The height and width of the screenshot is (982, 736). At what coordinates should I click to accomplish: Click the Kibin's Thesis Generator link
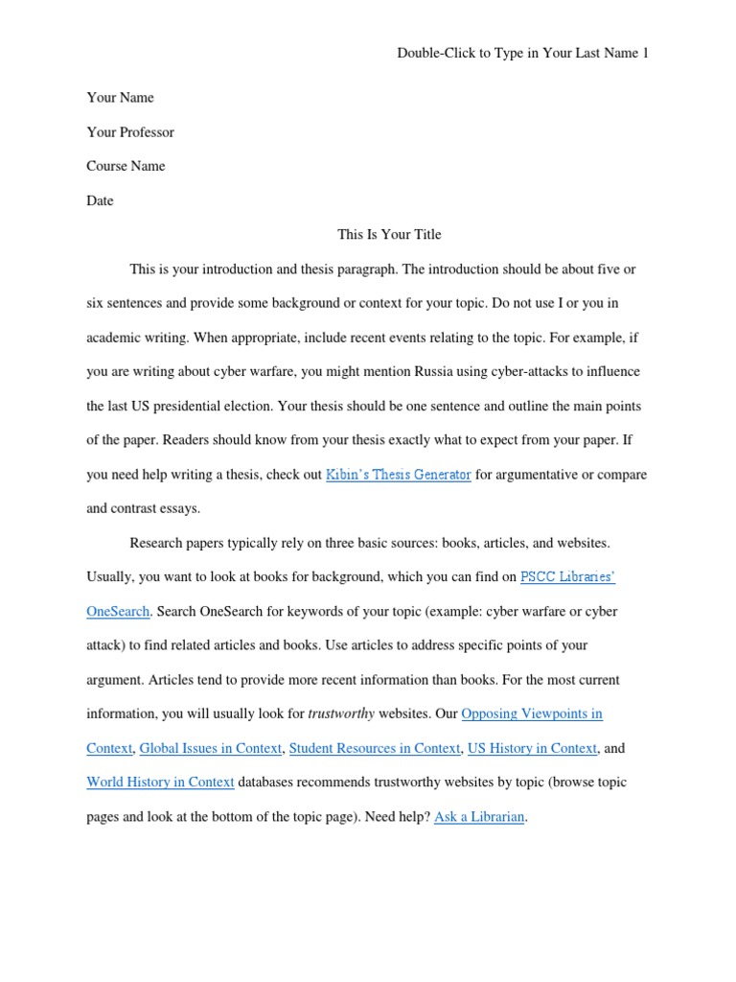point(398,475)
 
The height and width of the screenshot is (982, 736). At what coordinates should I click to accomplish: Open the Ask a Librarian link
point(479,817)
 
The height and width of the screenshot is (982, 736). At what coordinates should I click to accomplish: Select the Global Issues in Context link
point(211,748)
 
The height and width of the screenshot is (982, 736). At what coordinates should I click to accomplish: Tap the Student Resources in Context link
point(375,748)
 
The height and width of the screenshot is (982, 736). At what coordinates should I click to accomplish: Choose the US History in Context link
point(532,748)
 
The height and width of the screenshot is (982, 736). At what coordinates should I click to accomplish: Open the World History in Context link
point(160,783)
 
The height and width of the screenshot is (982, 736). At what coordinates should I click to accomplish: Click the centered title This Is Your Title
point(389,234)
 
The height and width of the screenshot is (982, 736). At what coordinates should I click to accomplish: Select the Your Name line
point(120,98)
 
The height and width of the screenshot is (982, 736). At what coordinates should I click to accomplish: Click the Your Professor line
point(130,132)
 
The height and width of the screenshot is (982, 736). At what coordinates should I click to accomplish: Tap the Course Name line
point(126,166)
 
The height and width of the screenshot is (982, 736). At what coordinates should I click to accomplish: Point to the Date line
point(100,200)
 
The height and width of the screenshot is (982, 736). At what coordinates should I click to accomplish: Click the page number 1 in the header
point(645,54)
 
